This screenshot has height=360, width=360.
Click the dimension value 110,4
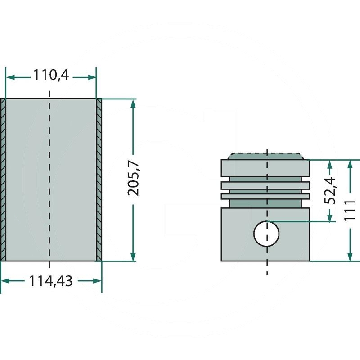coord(50,75)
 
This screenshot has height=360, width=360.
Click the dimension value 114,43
coord(50,281)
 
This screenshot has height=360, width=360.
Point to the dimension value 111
coord(350,210)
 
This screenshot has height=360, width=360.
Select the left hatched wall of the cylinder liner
coord(4,179)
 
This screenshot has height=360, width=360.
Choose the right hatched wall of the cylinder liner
coord(99,179)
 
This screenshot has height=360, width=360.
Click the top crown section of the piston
coord(265,168)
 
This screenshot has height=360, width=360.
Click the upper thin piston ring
coord(265,185)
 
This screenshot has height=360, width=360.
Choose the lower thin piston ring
coord(265,196)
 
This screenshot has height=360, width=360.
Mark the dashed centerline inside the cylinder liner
coord(49,180)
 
